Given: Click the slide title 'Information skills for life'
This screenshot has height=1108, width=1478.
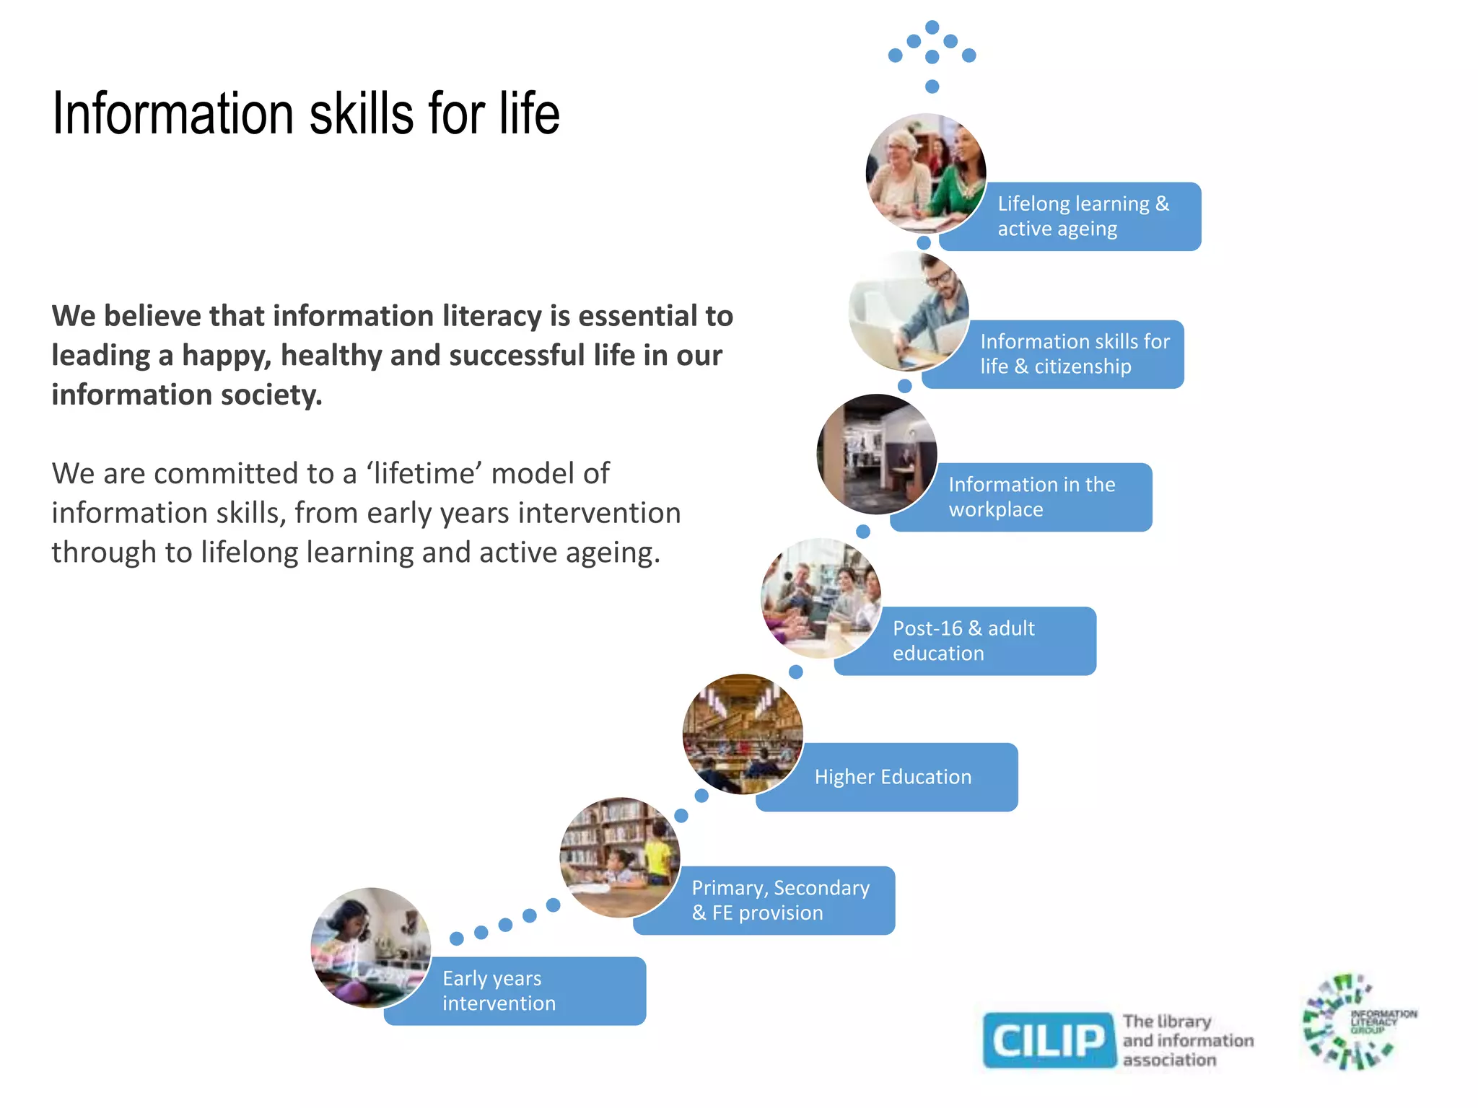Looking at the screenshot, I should pyautogui.click(x=306, y=114).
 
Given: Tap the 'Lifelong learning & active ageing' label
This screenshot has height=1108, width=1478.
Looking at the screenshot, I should pyautogui.click(x=1083, y=216).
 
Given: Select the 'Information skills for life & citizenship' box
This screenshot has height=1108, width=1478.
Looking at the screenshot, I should pyautogui.click(x=1074, y=354).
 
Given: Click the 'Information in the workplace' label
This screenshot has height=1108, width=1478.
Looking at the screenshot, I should pyautogui.click(x=1032, y=497).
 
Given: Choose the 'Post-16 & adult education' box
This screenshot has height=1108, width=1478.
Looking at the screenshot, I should pyautogui.click(x=974, y=641).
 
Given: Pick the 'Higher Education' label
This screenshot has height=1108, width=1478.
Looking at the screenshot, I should pyautogui.click(x=893, y=777).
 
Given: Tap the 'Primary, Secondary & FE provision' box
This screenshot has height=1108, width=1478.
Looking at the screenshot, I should pyautogui.click(x=780, y=900).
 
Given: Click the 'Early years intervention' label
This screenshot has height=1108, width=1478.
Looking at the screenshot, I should pyautogui.click(x=499, y=990).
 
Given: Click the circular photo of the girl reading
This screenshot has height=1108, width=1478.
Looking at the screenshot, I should pyautogui.click(x=371, y=947).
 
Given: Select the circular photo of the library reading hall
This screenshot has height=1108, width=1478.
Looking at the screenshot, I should pyautogui.click(x=743, y=734).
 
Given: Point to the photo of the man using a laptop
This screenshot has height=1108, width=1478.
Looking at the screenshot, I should pyautogui.click(x=909, y=312).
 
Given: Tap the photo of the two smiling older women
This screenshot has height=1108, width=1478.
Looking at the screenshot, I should pyautogui.click(x=926, y=173).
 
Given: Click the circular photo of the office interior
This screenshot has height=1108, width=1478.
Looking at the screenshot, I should pyautogui.click(x=877, y=454).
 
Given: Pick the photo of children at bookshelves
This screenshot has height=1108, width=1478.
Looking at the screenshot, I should pyautogui.click(x=620, y=857).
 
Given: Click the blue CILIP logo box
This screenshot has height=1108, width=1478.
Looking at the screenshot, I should pyautogui.click(x=1049, y=1040).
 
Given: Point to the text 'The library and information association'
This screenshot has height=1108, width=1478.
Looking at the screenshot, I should pyautogui.click(x=1188, y=1040).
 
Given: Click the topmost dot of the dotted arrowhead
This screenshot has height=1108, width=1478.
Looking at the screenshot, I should pyautogui.click(x=932, y=27).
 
